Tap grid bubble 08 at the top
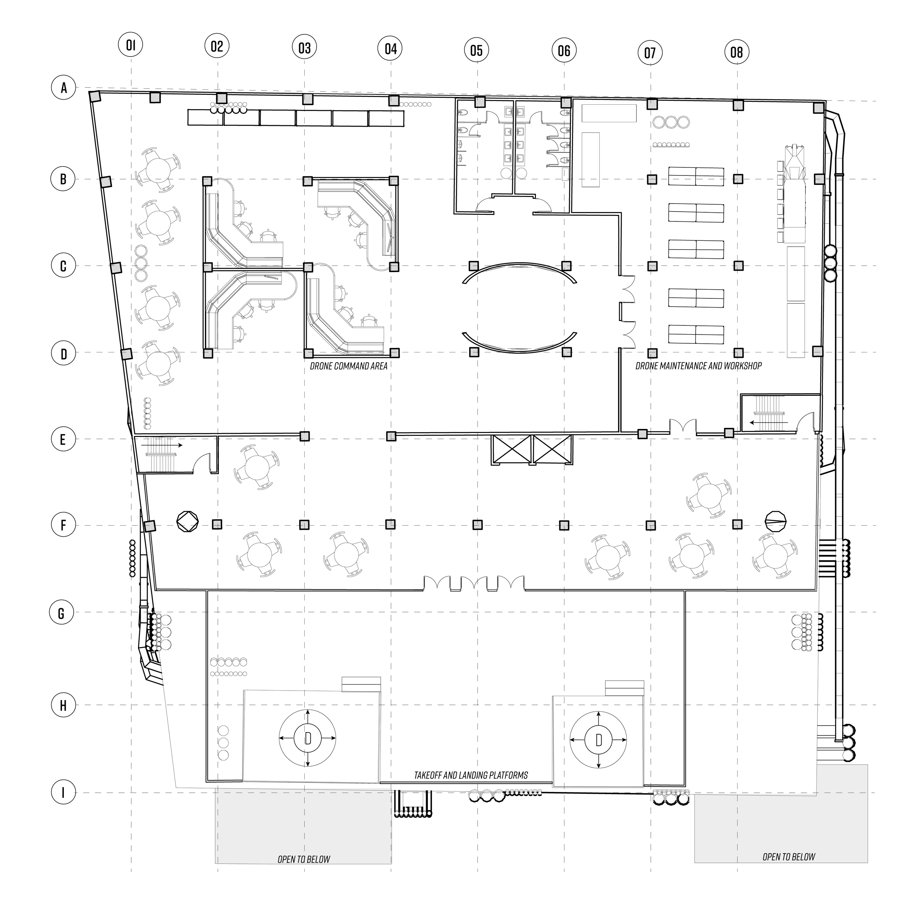(737, 52)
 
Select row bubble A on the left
(63, 88)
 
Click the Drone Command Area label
(348, 366)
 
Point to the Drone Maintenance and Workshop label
(698, 366)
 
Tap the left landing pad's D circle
(308, 738)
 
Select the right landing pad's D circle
(599, 740)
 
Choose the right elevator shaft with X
(552, 449)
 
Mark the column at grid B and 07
(652, 179)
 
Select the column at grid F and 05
(478, 525)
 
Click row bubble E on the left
(63, 440)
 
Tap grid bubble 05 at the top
(476, 50)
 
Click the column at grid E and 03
(305, 436)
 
